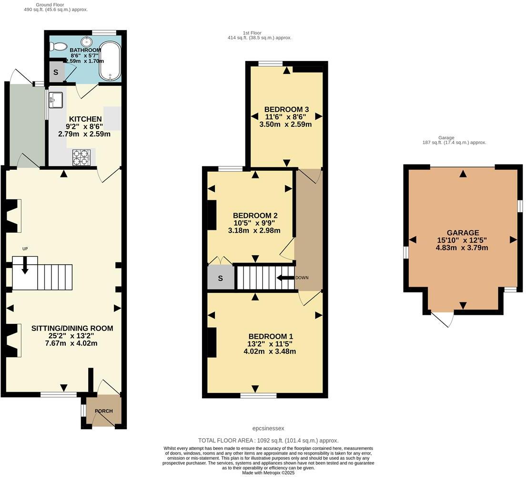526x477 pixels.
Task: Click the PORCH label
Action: coord(103,411)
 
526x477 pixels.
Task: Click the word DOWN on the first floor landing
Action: coord(302,278)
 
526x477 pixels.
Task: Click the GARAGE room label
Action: coord(463,233)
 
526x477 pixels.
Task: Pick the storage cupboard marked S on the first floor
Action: coord(220,279)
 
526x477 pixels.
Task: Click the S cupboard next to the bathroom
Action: coord(56,73)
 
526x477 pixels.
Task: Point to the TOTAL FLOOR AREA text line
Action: coord(268,441)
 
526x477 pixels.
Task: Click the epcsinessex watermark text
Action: coord(268,428)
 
